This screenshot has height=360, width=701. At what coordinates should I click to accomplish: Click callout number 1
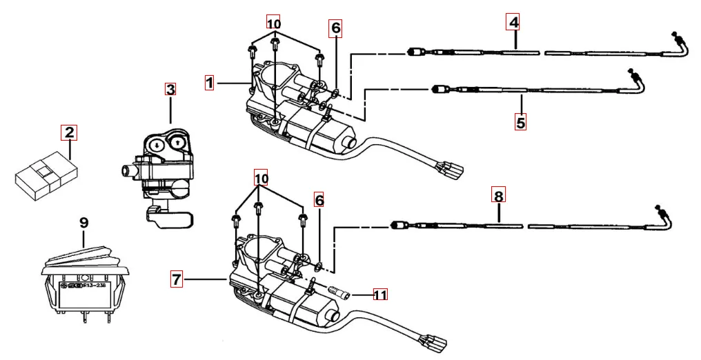tap(210, 83)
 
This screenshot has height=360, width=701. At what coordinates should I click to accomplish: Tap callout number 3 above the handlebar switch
tap(170, 89)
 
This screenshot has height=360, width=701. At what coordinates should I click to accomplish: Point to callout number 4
tap(513, 22)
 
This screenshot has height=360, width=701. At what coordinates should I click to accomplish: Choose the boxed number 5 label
tap(520, 123)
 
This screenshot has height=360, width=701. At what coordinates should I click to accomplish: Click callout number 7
tap(177, 279)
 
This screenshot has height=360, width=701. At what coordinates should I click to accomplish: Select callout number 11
tap(379, 294)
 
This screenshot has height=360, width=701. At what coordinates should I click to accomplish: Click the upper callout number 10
tap(274, 22)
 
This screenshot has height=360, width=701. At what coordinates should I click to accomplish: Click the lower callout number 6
tap(319, 200)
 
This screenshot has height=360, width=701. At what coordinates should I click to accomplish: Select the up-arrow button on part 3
tap(179, 142)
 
